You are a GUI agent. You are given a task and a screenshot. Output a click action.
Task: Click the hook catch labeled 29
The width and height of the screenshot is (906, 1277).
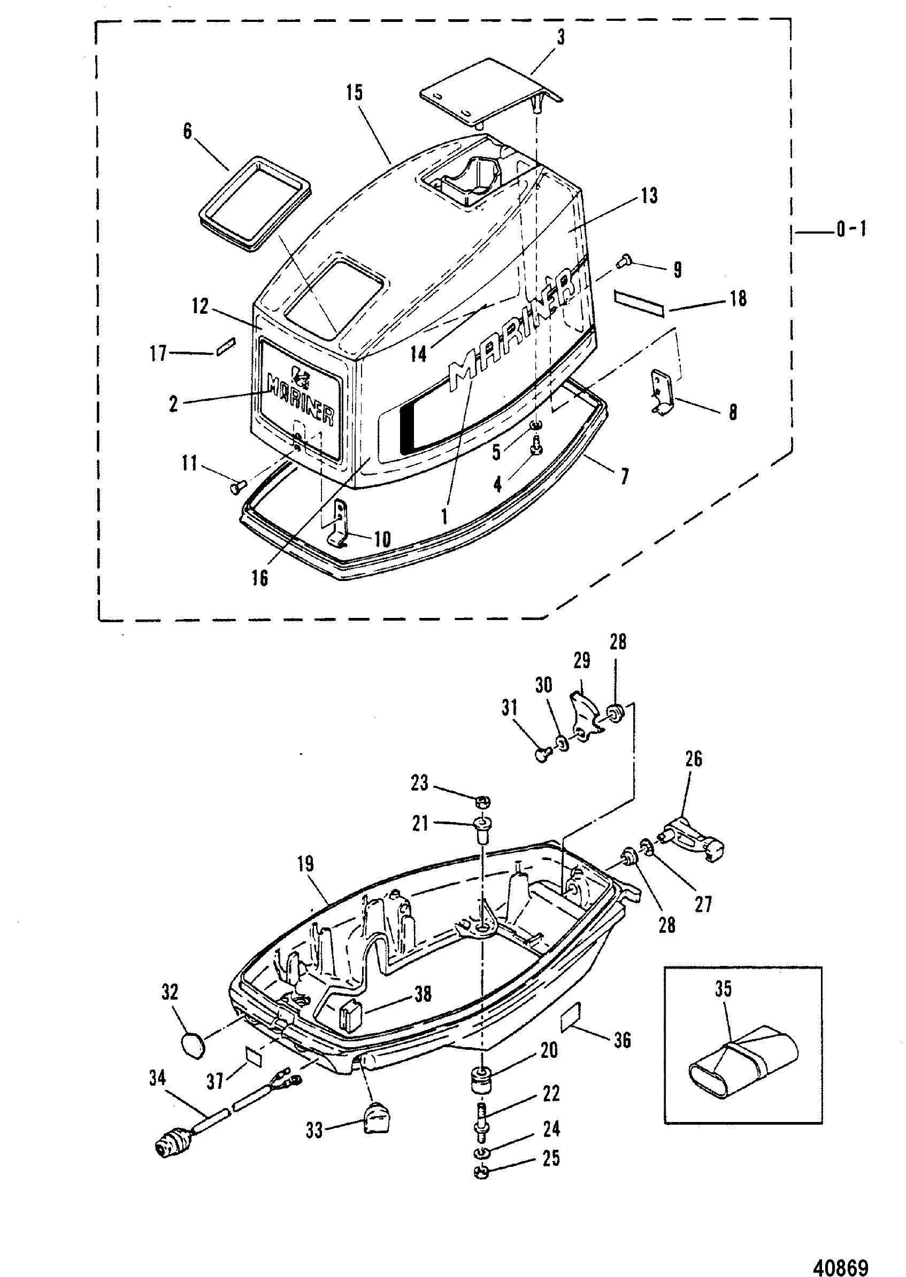(x=586, y=719)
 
